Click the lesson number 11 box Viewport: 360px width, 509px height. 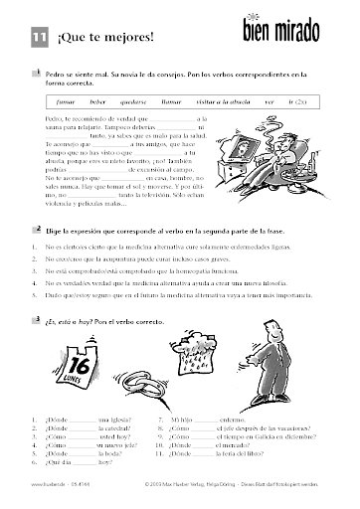pyautogui.click(x=39, y=39)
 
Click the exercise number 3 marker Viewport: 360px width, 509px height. pyautogui.click(x=36, y=292)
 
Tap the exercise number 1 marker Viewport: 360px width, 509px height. pyautogui.click(x=36, y=72)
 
